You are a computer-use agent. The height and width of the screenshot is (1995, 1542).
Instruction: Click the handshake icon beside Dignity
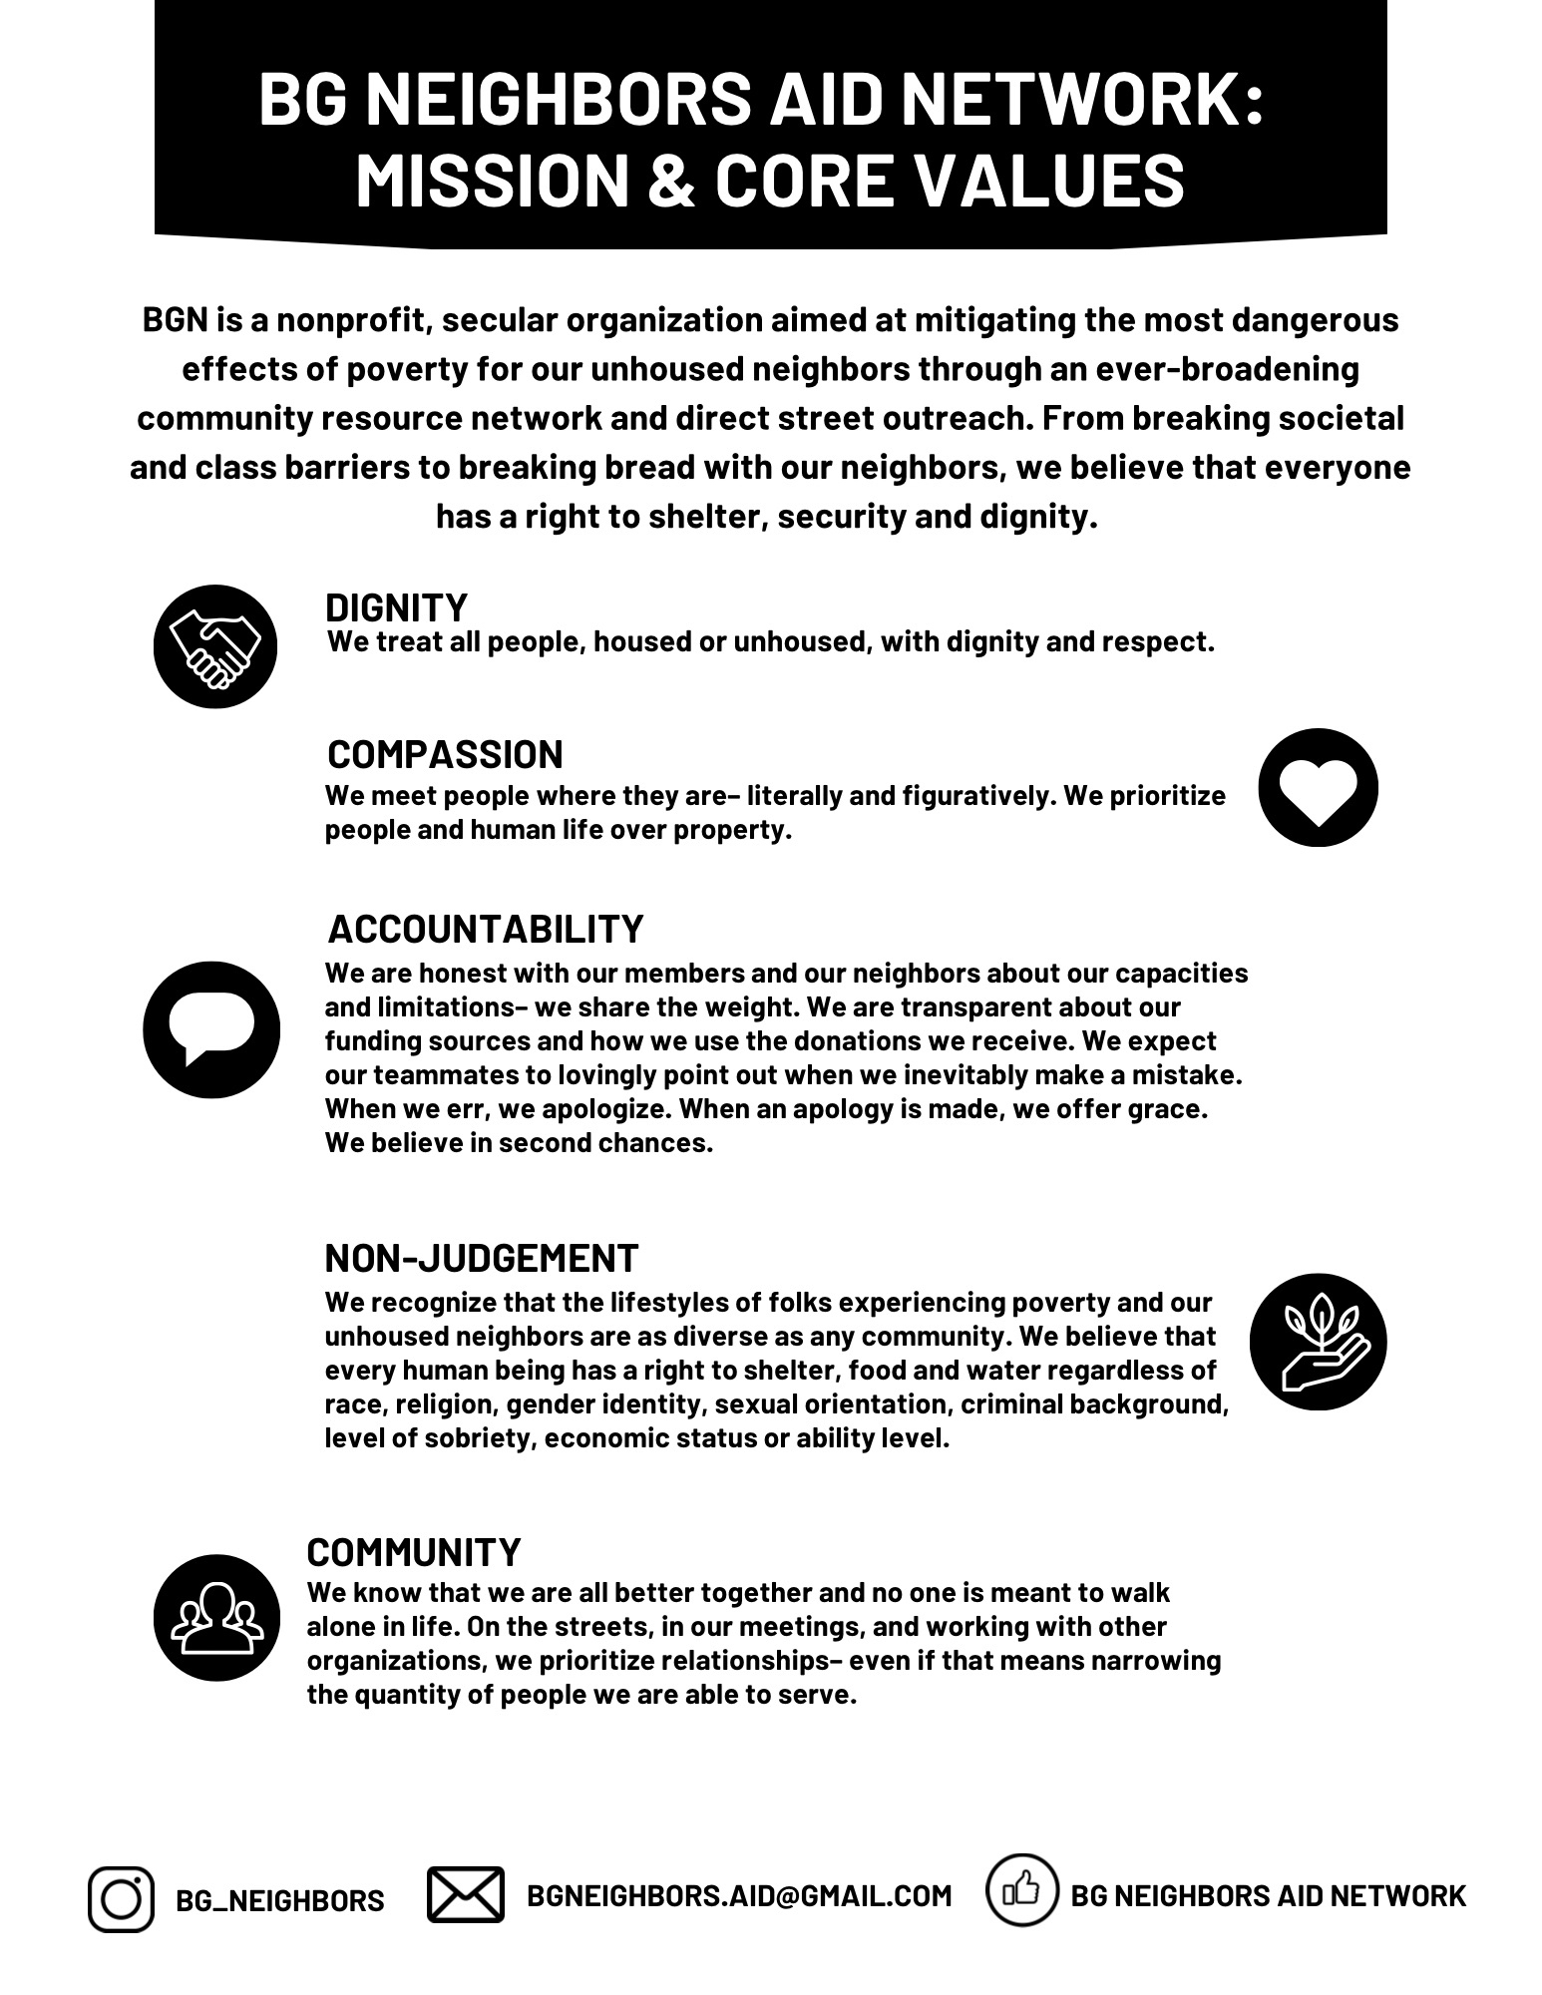pos(215,646)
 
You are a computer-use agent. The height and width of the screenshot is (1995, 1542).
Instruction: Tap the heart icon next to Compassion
pos(1318,788)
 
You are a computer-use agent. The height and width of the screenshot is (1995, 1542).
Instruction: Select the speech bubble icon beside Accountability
pos(211,1029)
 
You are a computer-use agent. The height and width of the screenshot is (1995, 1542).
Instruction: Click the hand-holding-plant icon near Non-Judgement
pos(1318,1342)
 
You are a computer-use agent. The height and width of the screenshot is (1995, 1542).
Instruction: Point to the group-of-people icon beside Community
pos(217,1618)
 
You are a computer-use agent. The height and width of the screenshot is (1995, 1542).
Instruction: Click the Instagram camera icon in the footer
pos(121,1898)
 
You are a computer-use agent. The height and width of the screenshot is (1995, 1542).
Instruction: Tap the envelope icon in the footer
pos(465,1894)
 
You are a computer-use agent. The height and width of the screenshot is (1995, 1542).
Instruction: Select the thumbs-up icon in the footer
pos(1021,1889)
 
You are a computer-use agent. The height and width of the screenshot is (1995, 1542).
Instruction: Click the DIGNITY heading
pos(396,607)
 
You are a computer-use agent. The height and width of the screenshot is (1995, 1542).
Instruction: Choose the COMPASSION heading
pos(445,755)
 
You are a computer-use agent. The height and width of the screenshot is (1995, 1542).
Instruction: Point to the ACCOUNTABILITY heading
pos(485,929)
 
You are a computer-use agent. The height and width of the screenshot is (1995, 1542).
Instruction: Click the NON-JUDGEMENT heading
pos(481,1259)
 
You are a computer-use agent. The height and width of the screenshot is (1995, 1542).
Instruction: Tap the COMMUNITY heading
pos(413,1553)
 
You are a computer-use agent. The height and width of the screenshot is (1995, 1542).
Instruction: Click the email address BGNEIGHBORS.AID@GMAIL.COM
pos(739,1895)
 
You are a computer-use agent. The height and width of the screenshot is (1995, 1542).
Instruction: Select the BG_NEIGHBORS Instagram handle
pos(279,1900)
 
